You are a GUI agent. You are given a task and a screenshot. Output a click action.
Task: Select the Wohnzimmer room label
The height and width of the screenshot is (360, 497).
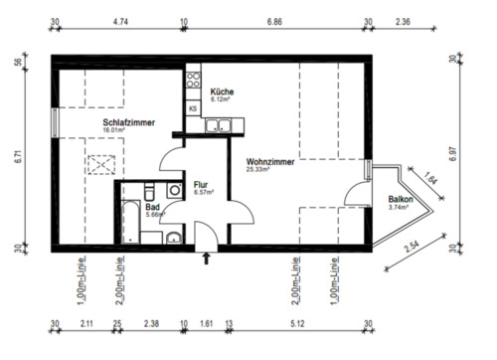click(270, 161)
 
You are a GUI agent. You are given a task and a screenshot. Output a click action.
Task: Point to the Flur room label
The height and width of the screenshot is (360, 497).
click(200, 183)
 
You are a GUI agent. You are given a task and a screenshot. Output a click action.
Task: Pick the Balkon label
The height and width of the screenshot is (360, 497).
click(401, 200)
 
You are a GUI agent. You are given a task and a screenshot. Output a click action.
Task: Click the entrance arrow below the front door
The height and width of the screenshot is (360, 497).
click(206, 260)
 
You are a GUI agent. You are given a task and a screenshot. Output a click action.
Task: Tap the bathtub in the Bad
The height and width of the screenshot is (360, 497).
click(130, 223)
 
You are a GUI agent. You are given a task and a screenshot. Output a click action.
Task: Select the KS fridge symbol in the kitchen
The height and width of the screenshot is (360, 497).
click(192, 106)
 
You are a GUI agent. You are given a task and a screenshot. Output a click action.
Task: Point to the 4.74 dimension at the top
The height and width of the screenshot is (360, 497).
click(121, 20)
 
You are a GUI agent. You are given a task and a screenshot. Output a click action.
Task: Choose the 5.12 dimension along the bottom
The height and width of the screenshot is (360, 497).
click(298, 322)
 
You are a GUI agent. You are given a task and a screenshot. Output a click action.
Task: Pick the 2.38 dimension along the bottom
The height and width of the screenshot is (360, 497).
click(150, 322)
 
